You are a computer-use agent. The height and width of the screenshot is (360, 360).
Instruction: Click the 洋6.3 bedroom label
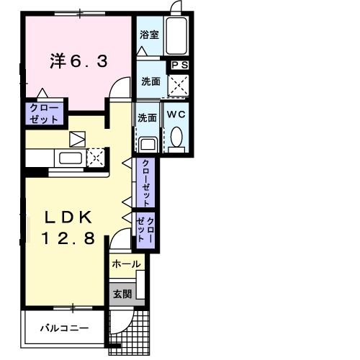point(79,61)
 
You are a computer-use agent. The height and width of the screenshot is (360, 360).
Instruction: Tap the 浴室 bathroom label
point(149,33)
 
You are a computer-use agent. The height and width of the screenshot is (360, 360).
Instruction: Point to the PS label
point(179,65)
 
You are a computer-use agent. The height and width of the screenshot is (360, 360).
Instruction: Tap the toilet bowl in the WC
point(177,137)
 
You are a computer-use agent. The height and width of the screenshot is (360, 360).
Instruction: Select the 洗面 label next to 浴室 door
point(150,81)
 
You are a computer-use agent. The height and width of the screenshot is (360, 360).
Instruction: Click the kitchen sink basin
point(69,158)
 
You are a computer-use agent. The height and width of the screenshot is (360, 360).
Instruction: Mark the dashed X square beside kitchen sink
point(94,158)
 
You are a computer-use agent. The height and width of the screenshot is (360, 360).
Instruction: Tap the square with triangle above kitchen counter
point(77,139)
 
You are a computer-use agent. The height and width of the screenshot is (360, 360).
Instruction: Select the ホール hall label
point(126,264)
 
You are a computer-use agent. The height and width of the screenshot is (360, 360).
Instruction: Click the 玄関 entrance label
point(121,294)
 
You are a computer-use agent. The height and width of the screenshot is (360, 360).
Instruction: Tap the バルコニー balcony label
point(64,328)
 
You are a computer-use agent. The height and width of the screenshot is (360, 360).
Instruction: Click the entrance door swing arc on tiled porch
point(122,317)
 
